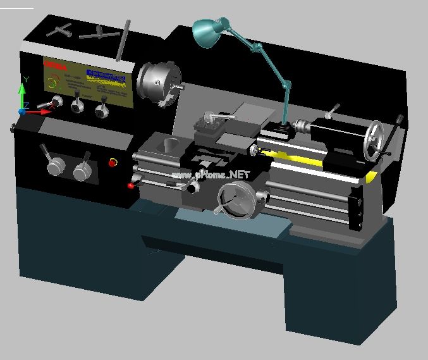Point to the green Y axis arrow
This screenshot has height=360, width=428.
click(22, 92)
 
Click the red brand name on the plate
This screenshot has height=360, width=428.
click(55, 65)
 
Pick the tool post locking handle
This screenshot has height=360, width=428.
click(215, 116)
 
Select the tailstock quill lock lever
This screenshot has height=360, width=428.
click(331, 110)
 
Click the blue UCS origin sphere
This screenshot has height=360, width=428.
click(21, 111)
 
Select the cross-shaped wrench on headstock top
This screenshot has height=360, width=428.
click(101, 32)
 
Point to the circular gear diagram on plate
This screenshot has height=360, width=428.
click(54, 82)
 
